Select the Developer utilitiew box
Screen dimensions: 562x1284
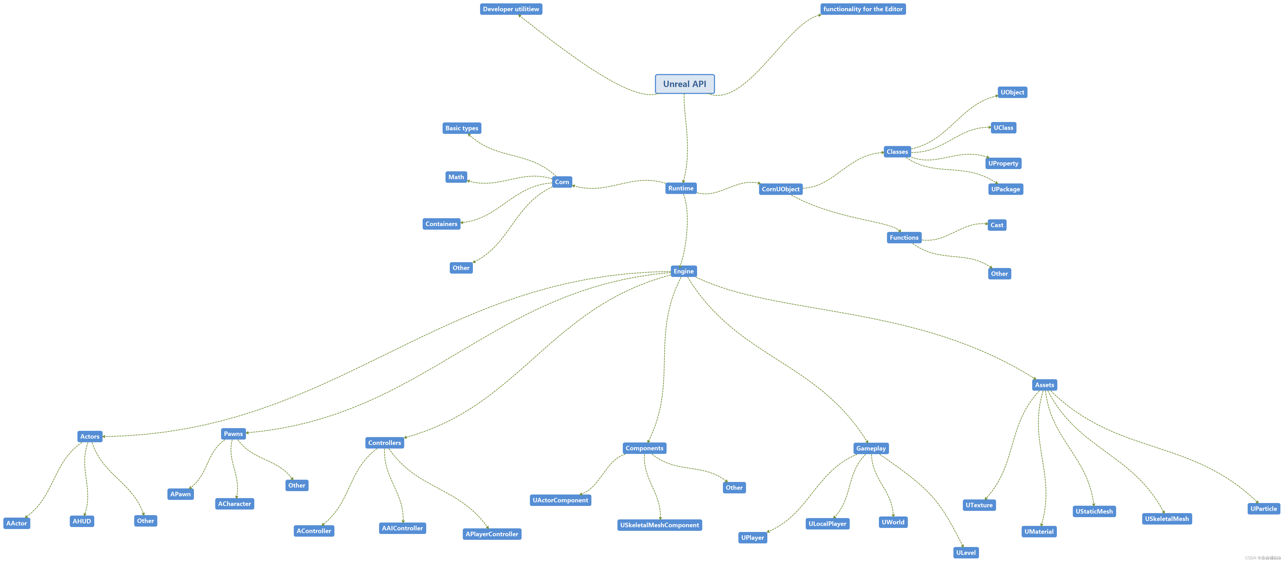pos(511,9)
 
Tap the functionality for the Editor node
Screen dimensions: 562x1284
pos(863,9)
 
